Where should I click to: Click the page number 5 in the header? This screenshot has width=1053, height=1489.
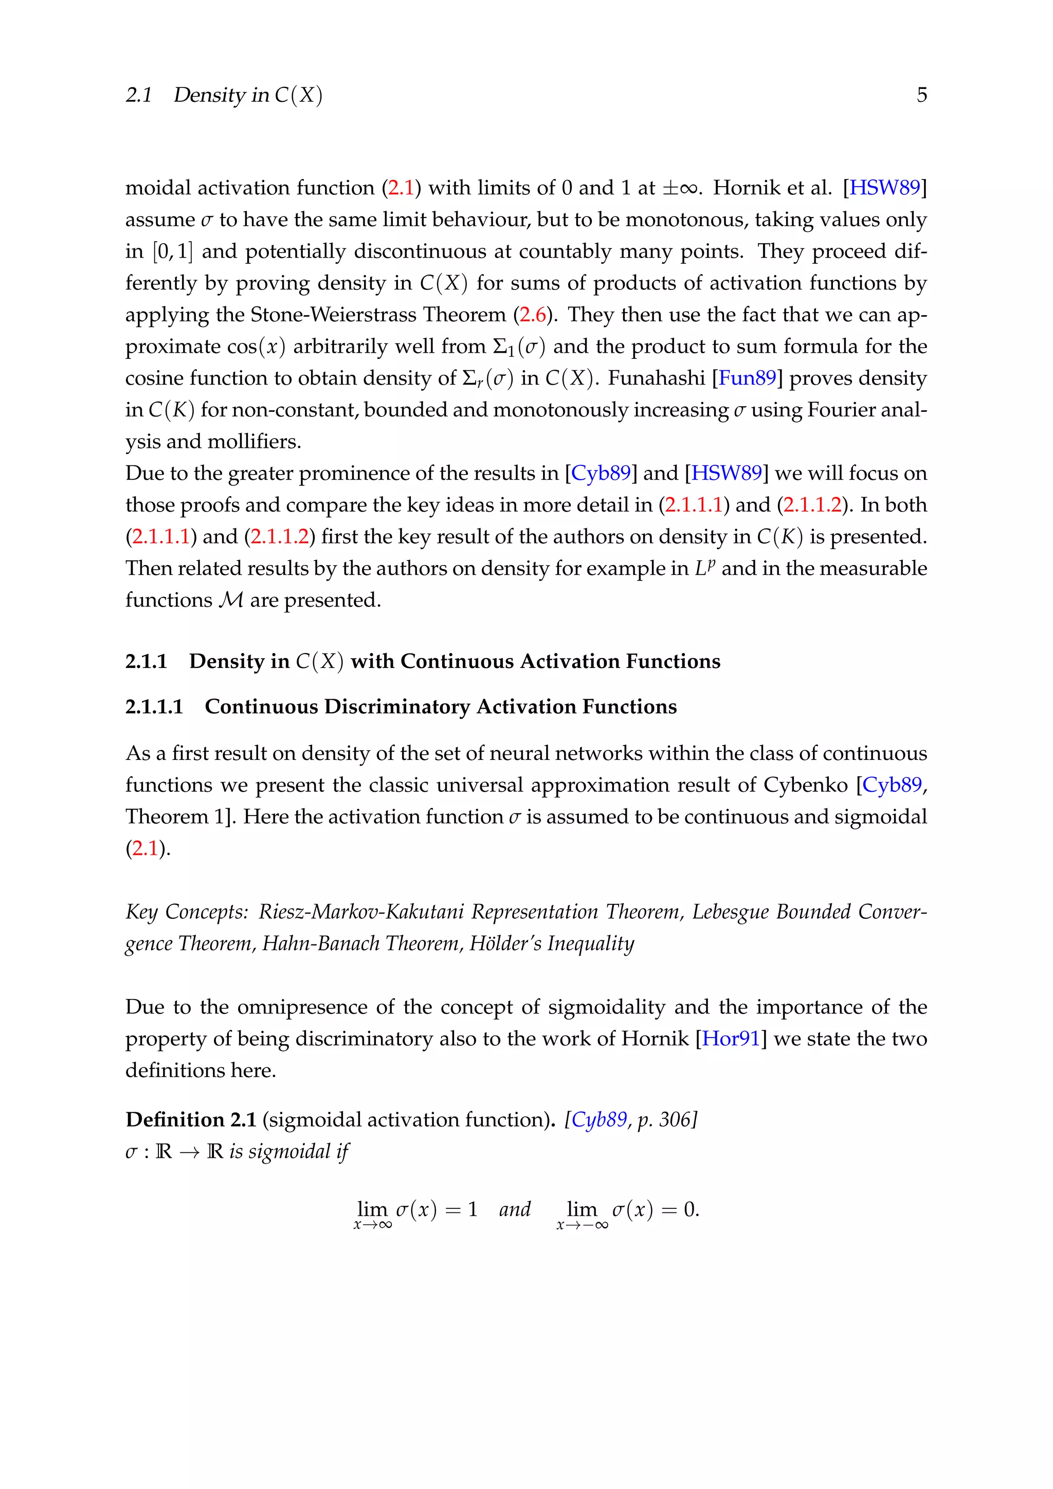click(x=921, y=95)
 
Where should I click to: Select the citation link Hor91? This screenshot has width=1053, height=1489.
click(x=730, y=1038)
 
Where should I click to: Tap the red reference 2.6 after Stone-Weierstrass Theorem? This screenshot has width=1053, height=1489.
click(x=533, y=315)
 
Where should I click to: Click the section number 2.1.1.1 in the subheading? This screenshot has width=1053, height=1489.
click(x=154, y=706)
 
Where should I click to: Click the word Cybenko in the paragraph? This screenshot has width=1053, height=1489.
click(x=805, y=785)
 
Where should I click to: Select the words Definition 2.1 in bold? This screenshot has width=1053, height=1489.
click(x=191, y=1119)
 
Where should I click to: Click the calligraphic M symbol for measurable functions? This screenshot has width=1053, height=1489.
click(x=231, y=600)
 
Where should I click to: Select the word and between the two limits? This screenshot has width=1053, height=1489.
click(x=515, y=1209)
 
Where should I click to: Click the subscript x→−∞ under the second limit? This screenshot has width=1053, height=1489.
click(x=582, y=1225)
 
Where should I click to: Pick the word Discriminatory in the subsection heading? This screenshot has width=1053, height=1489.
click(x=397, y=706)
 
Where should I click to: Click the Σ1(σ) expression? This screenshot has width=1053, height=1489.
click(x=519, y=347)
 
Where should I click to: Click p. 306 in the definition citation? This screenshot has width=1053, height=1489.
click(x=666, y=1119)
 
